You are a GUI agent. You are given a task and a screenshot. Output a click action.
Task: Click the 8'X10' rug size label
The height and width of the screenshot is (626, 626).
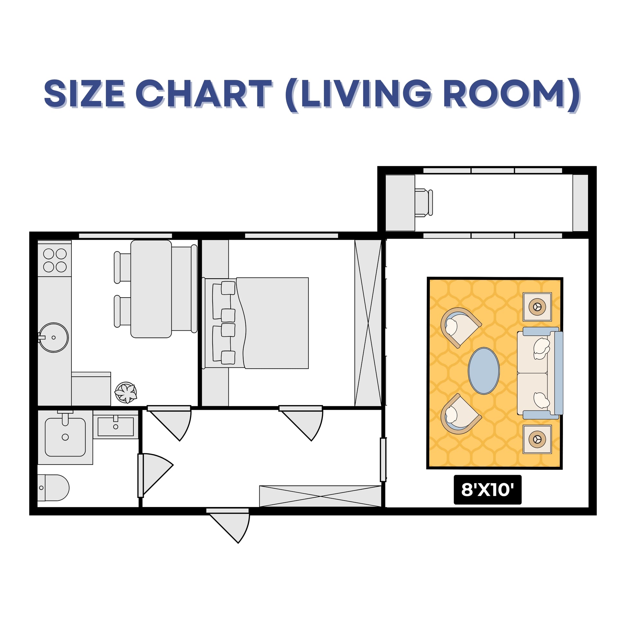tap(487, 490)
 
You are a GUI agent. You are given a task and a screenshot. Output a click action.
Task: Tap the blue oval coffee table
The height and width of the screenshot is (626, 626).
tap(484, 371)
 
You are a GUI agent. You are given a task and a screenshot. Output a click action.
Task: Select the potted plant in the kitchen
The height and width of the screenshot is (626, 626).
tap(126, 393)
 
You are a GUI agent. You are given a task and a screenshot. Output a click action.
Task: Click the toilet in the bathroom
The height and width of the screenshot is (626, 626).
tap(53, 488)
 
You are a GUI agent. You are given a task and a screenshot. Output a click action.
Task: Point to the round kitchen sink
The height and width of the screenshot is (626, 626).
tap(53, 337)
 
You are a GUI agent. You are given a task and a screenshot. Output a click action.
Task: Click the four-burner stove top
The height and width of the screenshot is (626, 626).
tap(55, 260)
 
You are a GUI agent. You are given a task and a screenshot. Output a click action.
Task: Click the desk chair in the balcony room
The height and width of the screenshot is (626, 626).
tap(423, 203)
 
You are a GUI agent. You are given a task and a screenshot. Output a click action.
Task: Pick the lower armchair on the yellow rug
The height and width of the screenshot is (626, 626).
tap(459, 414)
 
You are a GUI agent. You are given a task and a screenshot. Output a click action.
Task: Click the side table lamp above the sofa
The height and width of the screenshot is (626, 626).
tap(537, 307)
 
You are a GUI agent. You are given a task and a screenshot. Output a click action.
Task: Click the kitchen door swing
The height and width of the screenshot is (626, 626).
tap(175, 424)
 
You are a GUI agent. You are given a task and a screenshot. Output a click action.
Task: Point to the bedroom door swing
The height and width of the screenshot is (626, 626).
tap(307, 424)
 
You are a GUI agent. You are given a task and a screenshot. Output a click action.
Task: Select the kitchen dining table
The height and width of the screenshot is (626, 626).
tap(151, 289)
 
